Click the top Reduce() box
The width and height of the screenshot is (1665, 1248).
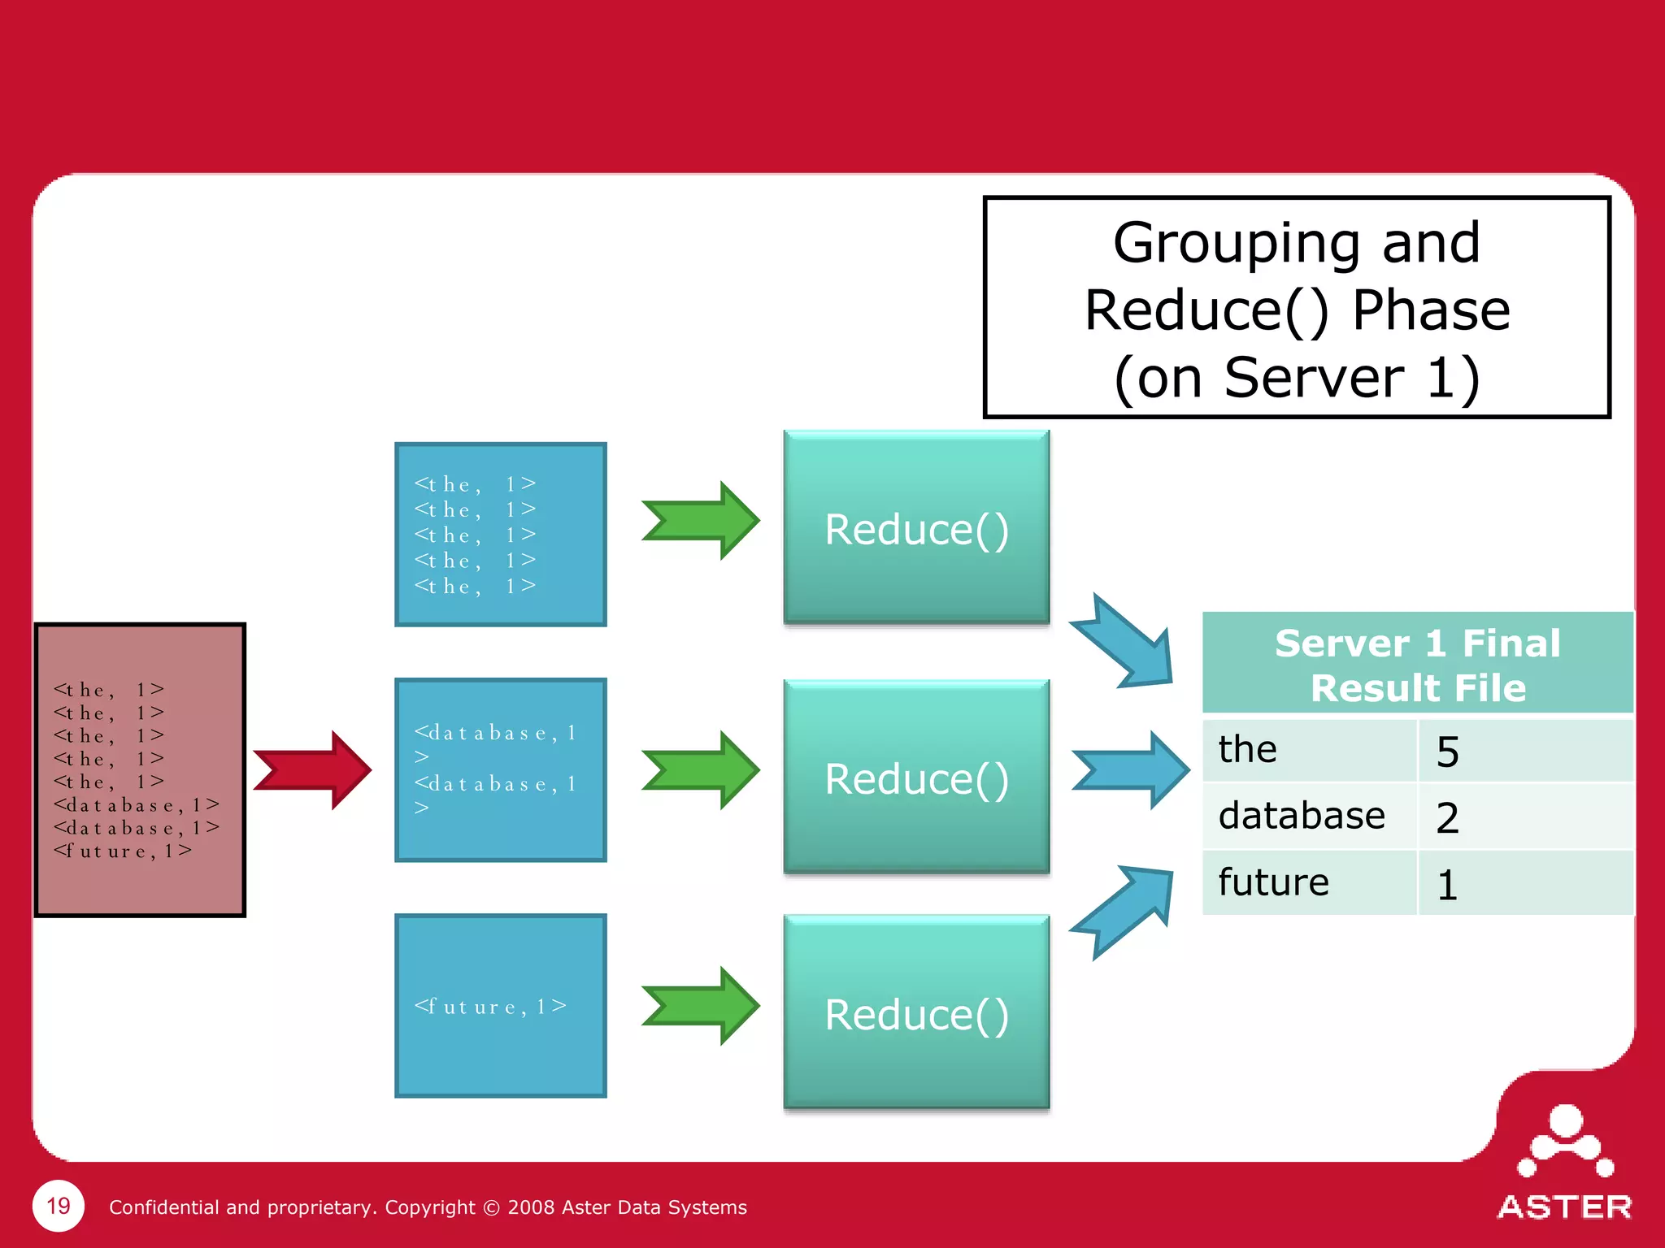(916, 529)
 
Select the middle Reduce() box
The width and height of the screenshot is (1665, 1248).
(916, 778)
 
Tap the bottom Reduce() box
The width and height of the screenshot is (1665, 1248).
(916, 1013)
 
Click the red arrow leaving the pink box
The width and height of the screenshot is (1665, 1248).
(314, 769)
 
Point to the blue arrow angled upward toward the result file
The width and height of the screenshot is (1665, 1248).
(1127, 910)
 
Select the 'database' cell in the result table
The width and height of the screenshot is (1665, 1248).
(1302, 816)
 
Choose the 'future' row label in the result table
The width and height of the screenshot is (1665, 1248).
(1273, 882)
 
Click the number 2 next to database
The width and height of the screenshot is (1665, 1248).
(1447, 817)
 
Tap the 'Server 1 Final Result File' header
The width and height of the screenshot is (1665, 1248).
(1417, 665)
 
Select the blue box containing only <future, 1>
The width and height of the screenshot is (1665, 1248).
(501, 1006)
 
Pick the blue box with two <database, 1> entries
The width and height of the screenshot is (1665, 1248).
(501, 769)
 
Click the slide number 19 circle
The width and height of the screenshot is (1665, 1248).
(59, 1206)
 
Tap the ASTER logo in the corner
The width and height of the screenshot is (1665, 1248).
(1564, 1162)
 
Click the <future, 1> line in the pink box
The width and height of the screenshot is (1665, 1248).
(123, 851)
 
